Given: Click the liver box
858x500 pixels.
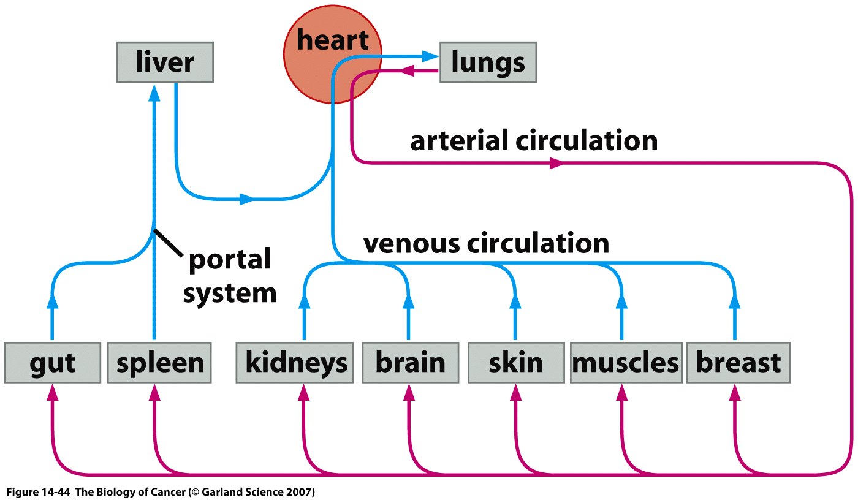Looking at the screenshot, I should coord(165,63).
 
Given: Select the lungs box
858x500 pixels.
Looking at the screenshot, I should coord(488,63).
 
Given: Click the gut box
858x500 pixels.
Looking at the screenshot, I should coord(51,363).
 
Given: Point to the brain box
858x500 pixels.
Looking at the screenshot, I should coord(410,363).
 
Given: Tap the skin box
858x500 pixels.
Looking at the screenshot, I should coord(515,363).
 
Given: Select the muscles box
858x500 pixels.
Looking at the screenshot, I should coord(625,363).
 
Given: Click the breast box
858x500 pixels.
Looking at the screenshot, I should coord(738,363).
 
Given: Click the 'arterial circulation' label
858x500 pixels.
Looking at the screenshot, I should coord(534,141).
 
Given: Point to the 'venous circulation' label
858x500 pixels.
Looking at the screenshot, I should coord(486,243).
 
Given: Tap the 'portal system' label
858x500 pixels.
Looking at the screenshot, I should coord(230,276).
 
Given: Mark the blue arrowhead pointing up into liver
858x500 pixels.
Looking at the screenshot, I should coord(154,93).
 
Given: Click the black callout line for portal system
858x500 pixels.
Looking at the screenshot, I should coord(169,242).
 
